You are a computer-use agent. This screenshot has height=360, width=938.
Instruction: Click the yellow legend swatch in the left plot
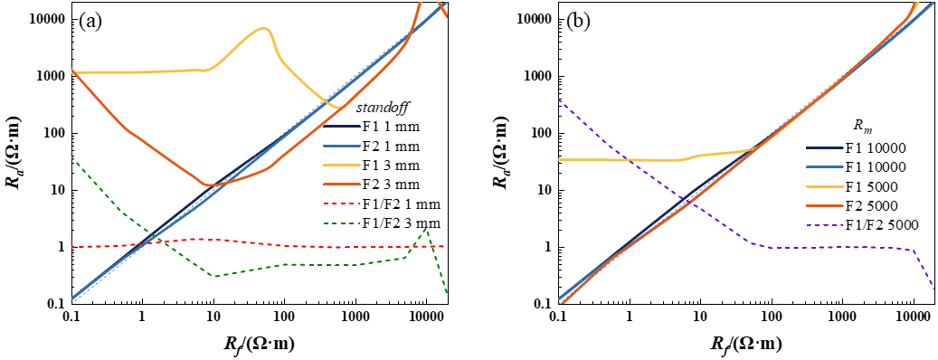pyautogui.click(x=342, y=165)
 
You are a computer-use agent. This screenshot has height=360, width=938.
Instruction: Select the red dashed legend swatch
pyautogui.click(x=342, y=204)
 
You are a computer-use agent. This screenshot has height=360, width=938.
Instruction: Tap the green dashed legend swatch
pyautogui.click(x=342, y=223)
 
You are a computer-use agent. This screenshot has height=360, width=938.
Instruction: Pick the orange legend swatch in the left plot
pyautogui.click(x=342, y=185)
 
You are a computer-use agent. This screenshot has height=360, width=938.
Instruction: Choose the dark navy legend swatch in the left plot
pyautogui.click(x=342, y=126)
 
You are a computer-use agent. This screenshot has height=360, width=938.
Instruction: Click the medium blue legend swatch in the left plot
pyautogui.click(x=342, y=146)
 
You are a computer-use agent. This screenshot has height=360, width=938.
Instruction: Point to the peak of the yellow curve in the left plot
pyautogui.click(x=264, y=27)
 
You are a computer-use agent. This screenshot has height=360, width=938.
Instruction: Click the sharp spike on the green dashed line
pyautogui.click(x=425, y=229)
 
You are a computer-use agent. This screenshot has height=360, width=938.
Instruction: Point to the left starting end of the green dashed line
pyautogui.click(x=72, y=157)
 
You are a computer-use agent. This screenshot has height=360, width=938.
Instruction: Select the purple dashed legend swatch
pyautogui.click(x=825, y=225)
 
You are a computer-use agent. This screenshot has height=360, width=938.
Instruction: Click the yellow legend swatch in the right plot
pyautogui.click(x=825, y=186)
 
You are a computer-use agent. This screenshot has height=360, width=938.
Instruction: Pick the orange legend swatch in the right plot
pyautogui.click(x=825, y=205)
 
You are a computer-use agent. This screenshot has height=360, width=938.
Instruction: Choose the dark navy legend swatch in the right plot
pyautogui.click(x=825, y=147)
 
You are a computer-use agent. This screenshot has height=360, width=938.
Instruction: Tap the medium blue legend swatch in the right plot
pyautogui.click(x=825, y=166)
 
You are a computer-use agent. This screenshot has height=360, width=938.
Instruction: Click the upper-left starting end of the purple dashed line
pyautogui.click(x=560, y=99)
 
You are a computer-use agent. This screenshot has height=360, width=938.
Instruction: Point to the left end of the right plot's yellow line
pyautogui.click(x=560, y=159)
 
